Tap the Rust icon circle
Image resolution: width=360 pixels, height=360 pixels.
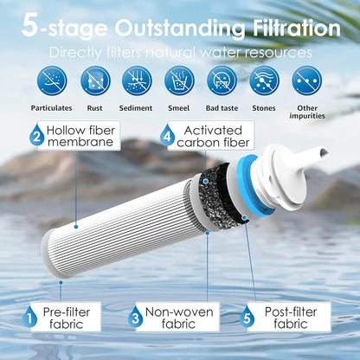pos(94,80)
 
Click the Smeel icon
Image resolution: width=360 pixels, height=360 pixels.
pos(179,80)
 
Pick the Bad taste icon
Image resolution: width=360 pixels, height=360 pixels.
pos(222,80)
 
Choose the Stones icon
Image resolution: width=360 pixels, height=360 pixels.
pos(263,80)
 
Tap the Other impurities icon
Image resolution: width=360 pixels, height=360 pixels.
pos(307,80)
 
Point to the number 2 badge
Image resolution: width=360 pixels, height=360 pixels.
pos(37,135)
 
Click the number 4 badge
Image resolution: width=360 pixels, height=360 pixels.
pos(167,135)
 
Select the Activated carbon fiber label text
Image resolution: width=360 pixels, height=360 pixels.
pos(213,135)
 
